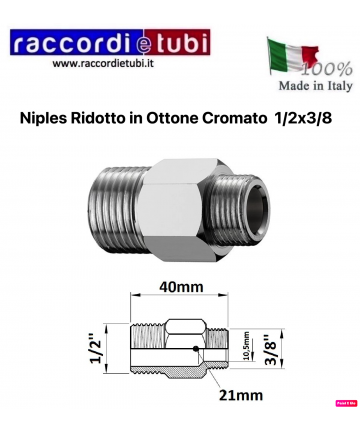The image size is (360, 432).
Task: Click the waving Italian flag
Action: [291, 56]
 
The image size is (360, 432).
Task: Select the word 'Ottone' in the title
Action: [176, 118]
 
